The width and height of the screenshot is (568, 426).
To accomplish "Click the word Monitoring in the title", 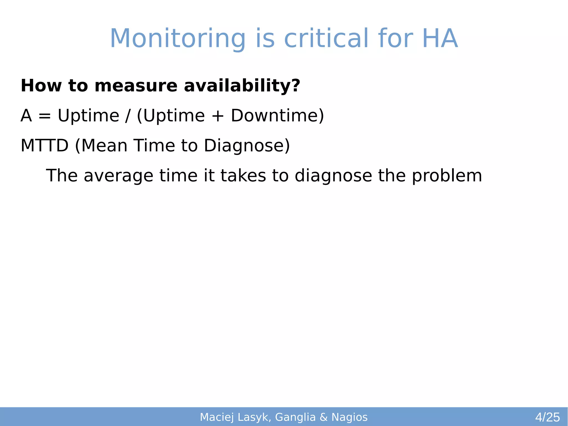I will click(x=177, y=39).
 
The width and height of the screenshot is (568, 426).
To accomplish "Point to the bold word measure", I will click(x=136, y=86).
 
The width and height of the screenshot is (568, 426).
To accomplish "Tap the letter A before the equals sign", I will click(x=26, y=115).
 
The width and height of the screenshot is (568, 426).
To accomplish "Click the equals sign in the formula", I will click(x=45, y=116).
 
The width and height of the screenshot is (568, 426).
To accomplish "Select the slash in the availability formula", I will click(x=128, y=116).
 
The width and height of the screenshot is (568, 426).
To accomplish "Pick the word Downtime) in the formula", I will click(x=277, y=115).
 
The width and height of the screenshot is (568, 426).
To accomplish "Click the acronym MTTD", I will click(x=44, y=145).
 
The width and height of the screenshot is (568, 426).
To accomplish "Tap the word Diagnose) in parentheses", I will click(x=247, y=146).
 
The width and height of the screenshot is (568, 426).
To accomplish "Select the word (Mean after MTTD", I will click(x=101, y=146).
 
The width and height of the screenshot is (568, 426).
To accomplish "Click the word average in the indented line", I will click(x=118, y=176).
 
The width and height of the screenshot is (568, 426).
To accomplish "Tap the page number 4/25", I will click(x=547, y=417).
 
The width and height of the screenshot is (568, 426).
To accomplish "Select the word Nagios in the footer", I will click(x=349, y=417).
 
